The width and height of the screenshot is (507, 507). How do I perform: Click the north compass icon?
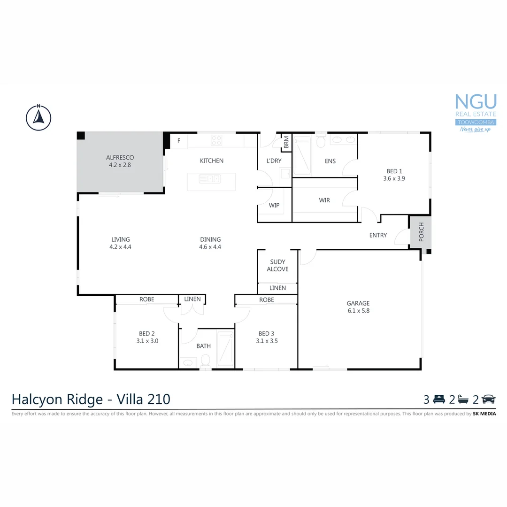click(38, 117)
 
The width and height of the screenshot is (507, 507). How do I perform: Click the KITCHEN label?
click(212, 161)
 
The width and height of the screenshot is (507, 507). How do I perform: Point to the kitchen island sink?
click(209, 179)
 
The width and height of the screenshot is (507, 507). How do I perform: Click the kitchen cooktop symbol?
click(216, 140)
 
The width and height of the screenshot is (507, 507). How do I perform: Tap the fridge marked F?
click(179, 140)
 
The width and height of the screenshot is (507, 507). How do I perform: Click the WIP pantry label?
click(274, 206)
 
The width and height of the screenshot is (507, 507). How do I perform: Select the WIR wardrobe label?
click(324, 200)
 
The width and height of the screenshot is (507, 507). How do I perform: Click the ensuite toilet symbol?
click(322, 141)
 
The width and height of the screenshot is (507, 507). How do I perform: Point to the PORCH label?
click(421, 232)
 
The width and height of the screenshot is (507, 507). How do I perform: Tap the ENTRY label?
click(378, 235)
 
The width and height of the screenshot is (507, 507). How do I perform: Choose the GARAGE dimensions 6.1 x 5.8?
click(358, 311)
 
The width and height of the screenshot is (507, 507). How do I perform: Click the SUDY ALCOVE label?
click(277, 266)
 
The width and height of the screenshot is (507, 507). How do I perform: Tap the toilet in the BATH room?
click(205, 361)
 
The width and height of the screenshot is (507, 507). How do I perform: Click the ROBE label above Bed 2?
click(147, 300)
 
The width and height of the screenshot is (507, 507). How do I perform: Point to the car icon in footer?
click(489, 399)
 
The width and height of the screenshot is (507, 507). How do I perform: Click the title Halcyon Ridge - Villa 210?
click(91, 399)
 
